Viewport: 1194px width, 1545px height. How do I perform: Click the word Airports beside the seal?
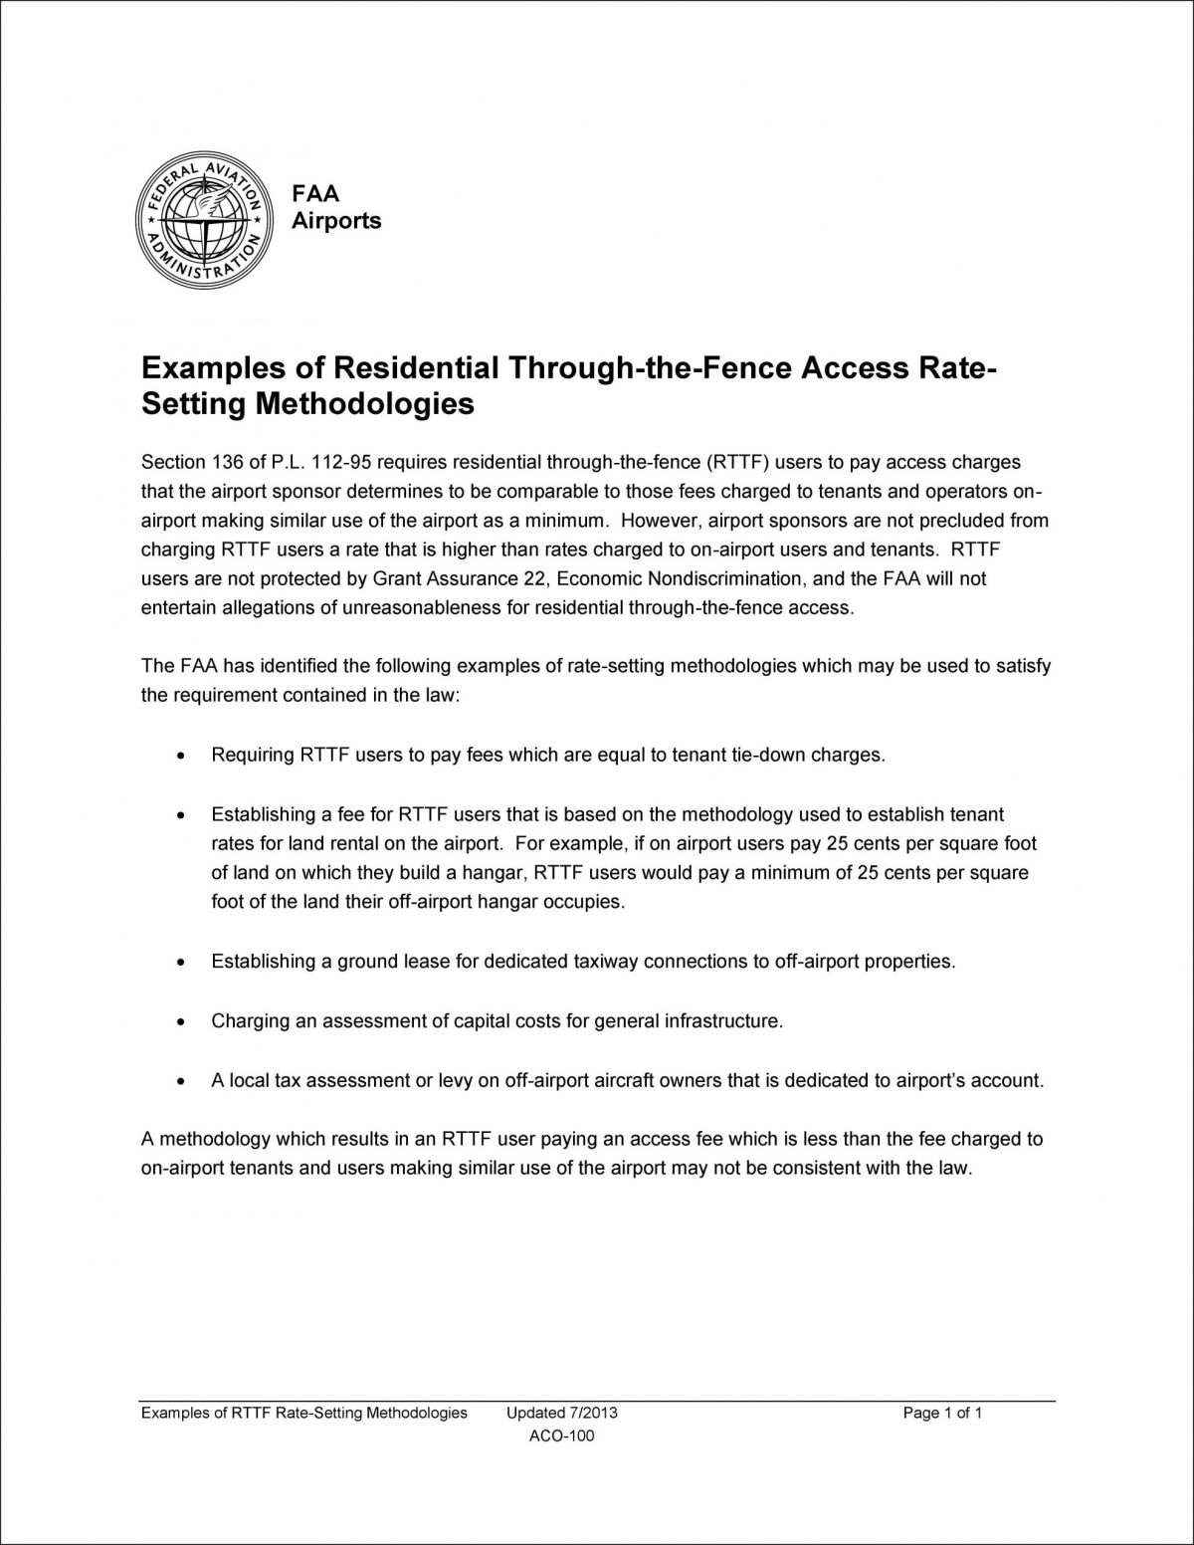[336, 221]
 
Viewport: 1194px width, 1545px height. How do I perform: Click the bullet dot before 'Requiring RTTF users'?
[179, 757]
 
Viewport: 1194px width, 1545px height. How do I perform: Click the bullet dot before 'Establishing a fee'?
[179, 815]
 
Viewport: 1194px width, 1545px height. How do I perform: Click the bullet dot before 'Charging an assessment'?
[179, 1023]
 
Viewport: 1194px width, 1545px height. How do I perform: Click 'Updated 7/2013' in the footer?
[562, 1413]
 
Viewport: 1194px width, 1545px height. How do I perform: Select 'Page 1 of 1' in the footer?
[942, 1413]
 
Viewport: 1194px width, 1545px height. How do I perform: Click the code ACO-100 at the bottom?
[563, 1435]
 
